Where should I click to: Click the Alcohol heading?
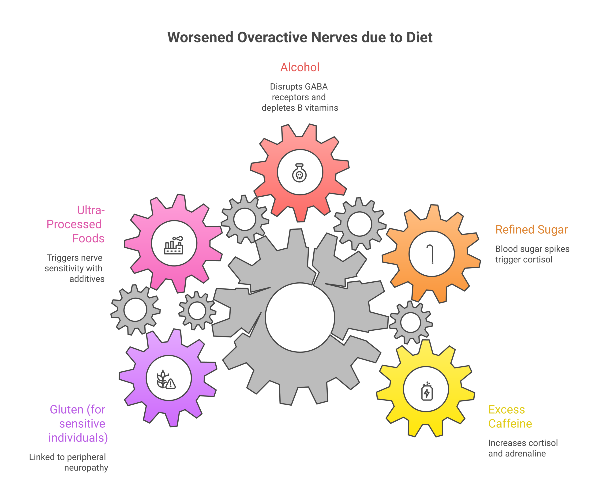[300, 67]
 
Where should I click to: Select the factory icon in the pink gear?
[174, 245]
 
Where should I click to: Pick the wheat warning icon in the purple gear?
[166, 380]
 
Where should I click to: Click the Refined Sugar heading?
[531, 230]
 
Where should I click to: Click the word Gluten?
[66, 410]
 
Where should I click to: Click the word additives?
[87, 279]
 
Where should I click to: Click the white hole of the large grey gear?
[300, 317]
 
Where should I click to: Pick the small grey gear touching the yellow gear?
[411, 322]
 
